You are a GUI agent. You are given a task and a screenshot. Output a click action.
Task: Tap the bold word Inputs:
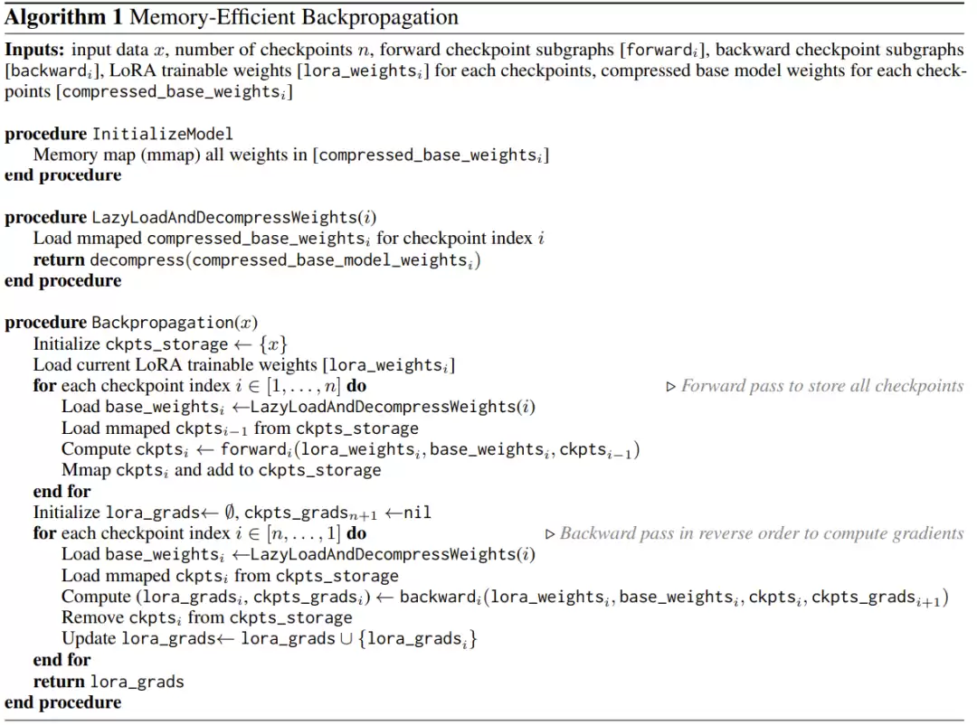pos(34,49)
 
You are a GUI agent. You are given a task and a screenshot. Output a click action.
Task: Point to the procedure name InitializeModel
pos(163,134)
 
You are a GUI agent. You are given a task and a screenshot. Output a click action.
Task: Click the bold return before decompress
pos(59,259)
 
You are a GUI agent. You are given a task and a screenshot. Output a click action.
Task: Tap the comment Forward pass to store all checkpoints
pos(821,386)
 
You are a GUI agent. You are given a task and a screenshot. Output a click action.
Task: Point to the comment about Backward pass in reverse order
pos(761,533)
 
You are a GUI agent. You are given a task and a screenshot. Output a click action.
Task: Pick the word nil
pos(417,513)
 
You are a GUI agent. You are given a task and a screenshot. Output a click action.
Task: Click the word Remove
pos(92,617)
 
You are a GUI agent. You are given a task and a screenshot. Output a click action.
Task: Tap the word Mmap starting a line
pos(86,470)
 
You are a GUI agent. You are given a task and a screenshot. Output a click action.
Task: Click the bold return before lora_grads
pos(59,681)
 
